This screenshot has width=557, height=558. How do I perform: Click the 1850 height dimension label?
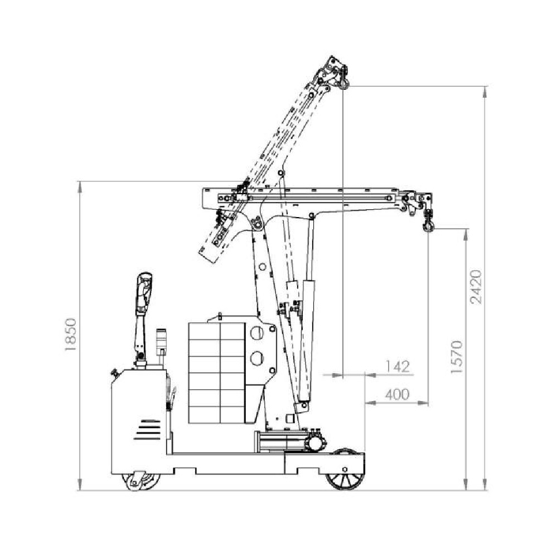click(70, 334)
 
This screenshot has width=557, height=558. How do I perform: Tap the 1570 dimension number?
click(456, 357)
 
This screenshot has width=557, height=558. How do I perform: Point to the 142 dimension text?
click(398, 367)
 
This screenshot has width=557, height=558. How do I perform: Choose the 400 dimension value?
click(398, 395)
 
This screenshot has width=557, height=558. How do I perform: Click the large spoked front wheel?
click(345, 470)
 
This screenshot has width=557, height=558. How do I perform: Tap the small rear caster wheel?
click(141, 481)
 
